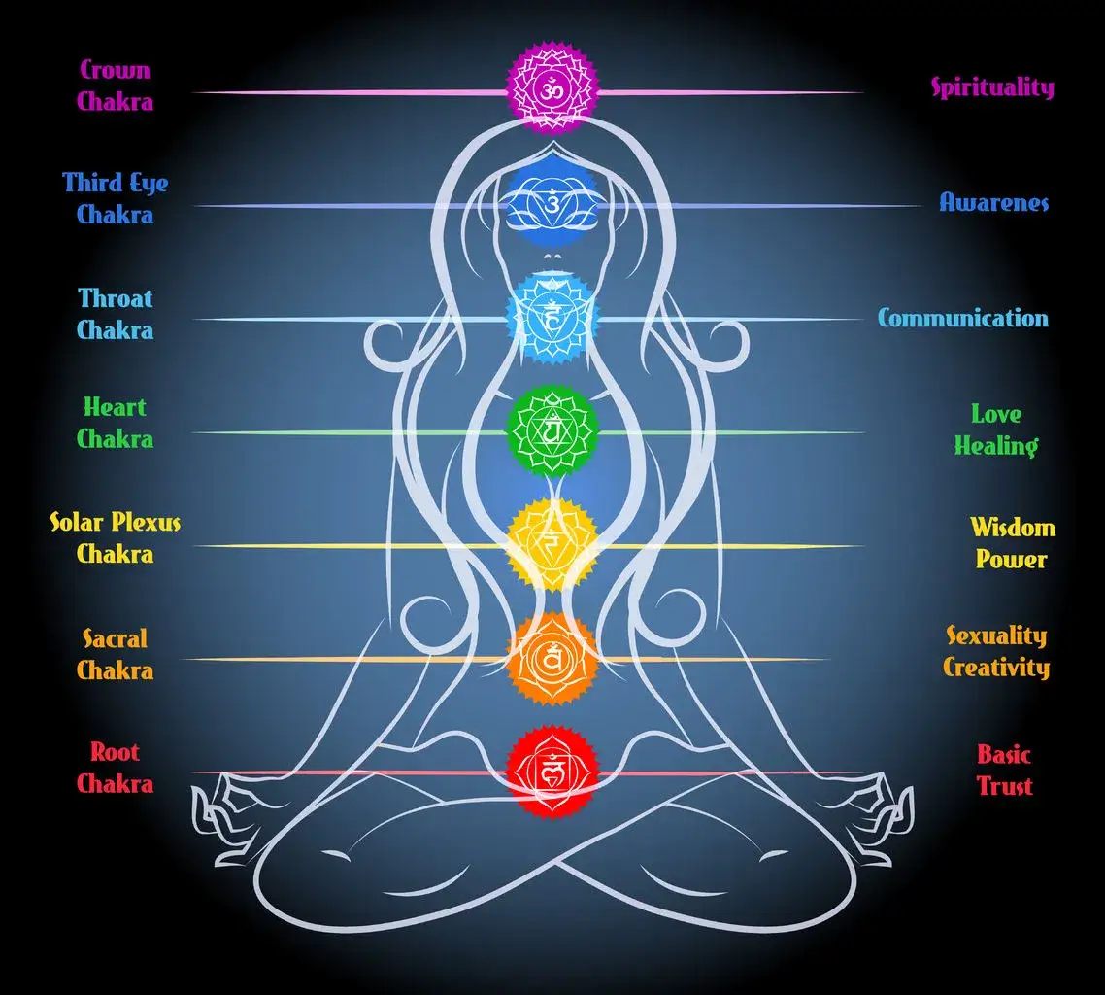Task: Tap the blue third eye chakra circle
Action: (x=552, y=203)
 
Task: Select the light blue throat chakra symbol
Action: (x=552, y=317)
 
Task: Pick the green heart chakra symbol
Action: (x=552, y=430)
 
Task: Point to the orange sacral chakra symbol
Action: (x=552, y=659)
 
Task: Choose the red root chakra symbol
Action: (x=552, y=772)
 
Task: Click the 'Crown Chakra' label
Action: (x=115, y=85)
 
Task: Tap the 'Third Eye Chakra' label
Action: (x=115, y=198)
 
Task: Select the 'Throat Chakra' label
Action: (x=115, y=313)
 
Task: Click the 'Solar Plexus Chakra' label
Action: (x=115, y=537)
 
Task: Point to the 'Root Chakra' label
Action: (x=115, y=767)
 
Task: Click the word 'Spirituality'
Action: (x=992, y=87)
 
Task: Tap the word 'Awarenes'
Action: (x=993, y=202)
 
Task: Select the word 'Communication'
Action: (x=963, y=318)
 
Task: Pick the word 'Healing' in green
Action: (x=995, y=446)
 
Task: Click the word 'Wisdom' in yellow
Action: (x=1013, y=528)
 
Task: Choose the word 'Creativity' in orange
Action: (x=996, y=668)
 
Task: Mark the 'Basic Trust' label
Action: (x=1004, y=770)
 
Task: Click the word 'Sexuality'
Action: (x=996, y=636)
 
